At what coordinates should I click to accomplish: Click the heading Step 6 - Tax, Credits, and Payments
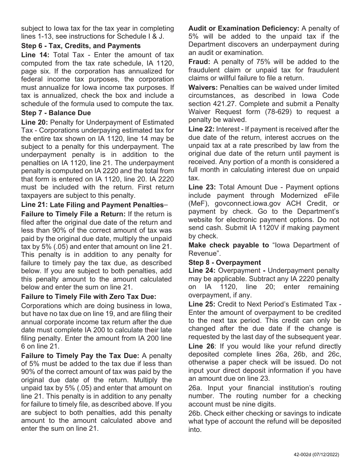[81, 46]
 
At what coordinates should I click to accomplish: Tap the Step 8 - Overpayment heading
[225, 263]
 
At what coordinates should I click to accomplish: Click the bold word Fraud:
[199, 62]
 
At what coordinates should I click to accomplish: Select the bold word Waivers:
[203, 88]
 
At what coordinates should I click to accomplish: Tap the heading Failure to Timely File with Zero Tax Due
[89, 297]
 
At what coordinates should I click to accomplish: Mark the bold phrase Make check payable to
[229, 245]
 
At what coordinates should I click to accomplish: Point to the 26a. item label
[195, 388]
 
